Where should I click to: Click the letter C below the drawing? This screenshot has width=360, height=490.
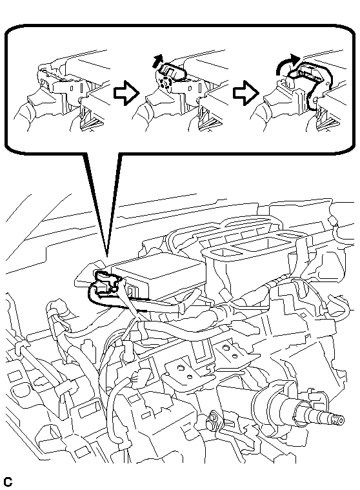(8, 482)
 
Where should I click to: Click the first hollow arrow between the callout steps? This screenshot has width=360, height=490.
(126, 93)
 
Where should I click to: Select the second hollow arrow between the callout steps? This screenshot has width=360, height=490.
(246, 93)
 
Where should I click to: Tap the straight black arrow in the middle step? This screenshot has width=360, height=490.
(159, 60)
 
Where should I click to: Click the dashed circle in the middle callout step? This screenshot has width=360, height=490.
(165, 83)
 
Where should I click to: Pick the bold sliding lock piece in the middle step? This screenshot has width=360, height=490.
(171, 72)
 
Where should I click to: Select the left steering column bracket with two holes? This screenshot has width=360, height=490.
(185, 373)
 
